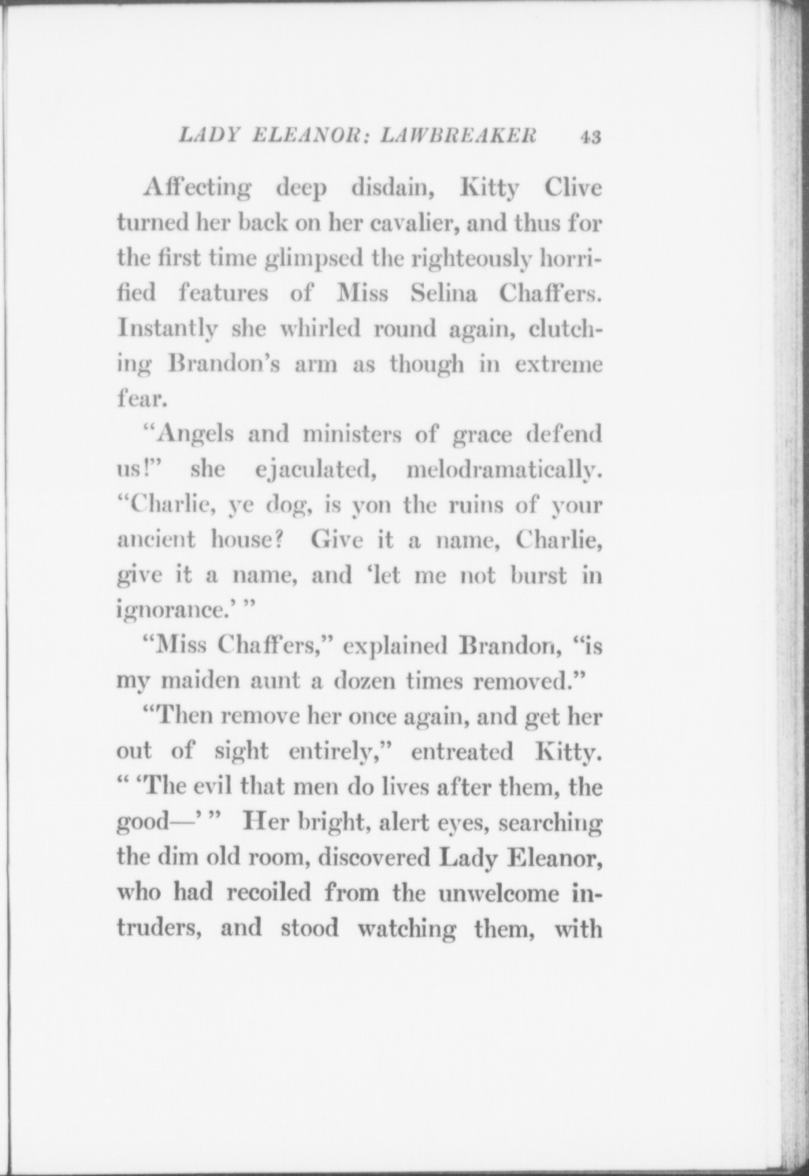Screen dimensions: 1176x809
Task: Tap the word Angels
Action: [195, 436]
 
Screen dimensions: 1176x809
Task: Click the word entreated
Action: [462, 752]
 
